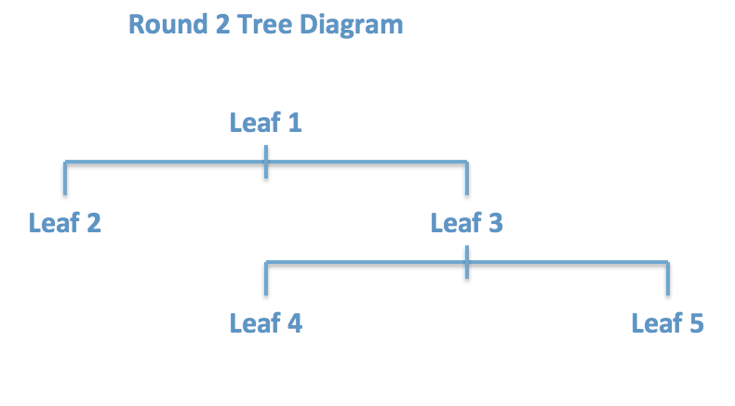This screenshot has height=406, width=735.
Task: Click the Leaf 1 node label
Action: pos(265,123)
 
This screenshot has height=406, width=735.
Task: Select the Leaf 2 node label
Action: pos(65,223)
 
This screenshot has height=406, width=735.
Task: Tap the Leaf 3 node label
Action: pos(466,223)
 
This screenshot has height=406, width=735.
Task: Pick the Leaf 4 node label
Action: pos(265,323)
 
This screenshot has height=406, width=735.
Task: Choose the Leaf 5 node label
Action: pos(667,323)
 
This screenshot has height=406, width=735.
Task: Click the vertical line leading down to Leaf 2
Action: pos(65,179)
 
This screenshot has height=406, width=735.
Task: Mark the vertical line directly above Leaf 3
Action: pos(466,179)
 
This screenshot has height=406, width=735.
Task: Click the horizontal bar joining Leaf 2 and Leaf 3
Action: pos(167,163)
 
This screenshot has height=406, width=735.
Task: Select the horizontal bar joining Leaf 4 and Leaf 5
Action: pos(568,263)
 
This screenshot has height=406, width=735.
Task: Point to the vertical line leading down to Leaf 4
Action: pos(266,279)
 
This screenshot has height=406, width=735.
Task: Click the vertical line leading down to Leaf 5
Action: pos(667,279)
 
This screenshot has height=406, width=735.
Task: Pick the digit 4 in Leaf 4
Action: pos(295,323)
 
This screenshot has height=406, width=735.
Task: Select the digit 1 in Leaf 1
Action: pos(295,123)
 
